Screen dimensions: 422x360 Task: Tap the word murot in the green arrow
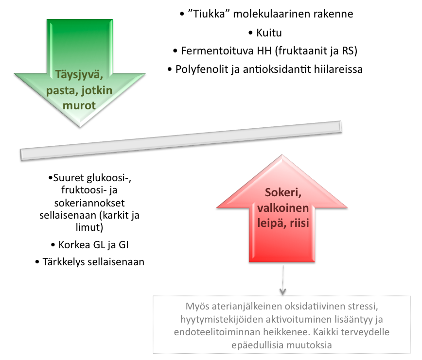[x=79, y=105]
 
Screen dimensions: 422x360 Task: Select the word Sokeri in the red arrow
[x=283, y=193]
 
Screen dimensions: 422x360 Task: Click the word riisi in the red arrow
[x=299, y=223]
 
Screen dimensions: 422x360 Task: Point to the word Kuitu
[x=269, y=33]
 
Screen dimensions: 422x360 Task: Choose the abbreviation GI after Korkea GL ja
[x=123, y=245]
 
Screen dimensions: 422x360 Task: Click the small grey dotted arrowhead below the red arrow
[x=282, y=291]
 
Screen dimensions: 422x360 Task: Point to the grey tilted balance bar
[x=181, y=140]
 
